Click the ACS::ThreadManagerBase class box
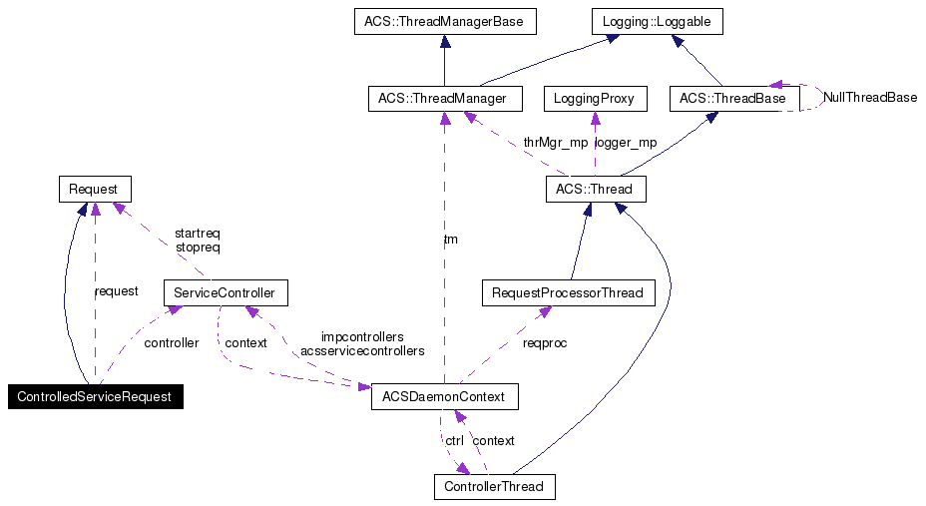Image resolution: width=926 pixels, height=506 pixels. [x=444, y=21]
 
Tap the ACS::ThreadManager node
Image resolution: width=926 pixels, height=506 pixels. [x=444, y=99]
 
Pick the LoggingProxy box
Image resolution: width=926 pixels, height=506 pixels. [x=595, y=99]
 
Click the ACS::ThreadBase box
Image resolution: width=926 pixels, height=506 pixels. [x=732, y=99]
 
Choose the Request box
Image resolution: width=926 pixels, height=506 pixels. [x=94, y=189]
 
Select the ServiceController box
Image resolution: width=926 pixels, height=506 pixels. [x=225, y=293]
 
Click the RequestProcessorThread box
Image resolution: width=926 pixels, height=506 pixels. [x=568, y=293]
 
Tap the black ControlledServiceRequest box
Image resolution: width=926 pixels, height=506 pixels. [x=96, y=397]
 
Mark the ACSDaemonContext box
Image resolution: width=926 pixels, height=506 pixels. [x=444, y=397]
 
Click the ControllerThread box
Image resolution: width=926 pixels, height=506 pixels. [x=494, y=487]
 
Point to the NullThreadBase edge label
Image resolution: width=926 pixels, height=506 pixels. [x=870, y=98]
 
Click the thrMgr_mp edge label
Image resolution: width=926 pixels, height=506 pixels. [x=557, y=143]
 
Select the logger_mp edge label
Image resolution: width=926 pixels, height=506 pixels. [x=626, y=143]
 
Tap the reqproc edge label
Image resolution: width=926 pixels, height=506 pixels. [x=545, y=342]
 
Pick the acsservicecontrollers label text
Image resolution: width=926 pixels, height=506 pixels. [x=362, y=351]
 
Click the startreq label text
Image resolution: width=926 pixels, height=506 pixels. [x=198, y=233]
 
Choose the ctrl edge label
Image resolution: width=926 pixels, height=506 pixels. [x=454, y=440]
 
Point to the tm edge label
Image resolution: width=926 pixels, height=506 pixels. [x=451, y=240]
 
